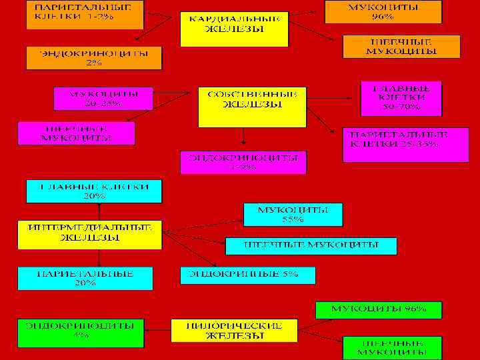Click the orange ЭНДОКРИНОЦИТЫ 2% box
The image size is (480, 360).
(94, 58)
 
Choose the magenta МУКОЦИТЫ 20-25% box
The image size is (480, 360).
(103, 98)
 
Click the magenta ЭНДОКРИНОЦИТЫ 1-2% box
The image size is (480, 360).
(243, 163)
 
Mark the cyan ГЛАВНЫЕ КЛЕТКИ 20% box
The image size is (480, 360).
(94, 191)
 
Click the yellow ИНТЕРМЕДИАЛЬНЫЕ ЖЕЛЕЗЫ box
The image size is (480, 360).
(89, 233)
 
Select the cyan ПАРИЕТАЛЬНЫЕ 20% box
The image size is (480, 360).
(85, 279)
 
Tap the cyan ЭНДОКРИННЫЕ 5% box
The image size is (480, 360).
(247, 275)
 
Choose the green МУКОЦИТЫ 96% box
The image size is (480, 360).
(379, 309)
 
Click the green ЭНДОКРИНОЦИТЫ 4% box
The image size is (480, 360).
(81, 331)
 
